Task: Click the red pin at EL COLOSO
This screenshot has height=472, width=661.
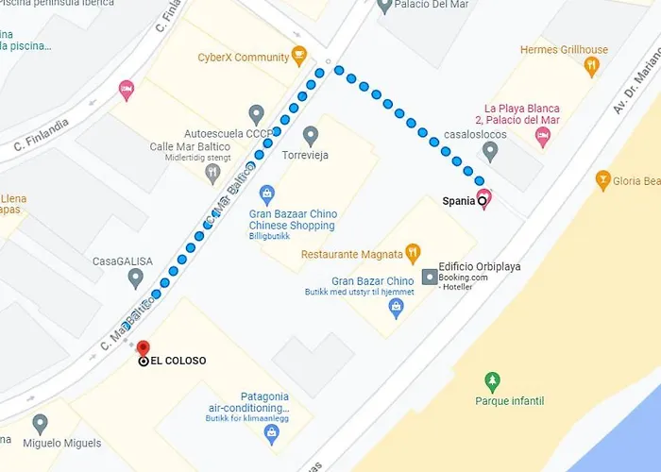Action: [144, 348]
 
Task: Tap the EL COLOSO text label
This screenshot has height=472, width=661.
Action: [178, 361]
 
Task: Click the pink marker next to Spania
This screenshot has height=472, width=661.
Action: [485, 199]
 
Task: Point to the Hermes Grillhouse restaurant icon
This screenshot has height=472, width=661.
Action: [592, 66]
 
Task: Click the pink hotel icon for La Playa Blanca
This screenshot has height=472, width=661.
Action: [542, 138]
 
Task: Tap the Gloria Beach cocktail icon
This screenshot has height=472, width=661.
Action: [603, 179]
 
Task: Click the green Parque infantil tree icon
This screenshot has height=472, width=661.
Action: [491, 381]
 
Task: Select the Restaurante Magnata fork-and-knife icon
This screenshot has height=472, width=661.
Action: [412, 253]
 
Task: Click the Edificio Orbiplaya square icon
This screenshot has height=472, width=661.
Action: [430, 277]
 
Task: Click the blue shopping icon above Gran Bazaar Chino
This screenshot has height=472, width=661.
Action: [267, 195]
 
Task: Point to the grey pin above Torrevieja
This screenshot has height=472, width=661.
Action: [312, 136]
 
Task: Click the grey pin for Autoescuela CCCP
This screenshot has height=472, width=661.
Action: [256, 114]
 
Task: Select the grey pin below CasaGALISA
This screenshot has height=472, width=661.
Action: [136, 278]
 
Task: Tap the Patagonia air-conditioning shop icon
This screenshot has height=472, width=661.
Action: [272, 434]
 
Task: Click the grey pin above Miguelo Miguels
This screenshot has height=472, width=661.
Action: [40, 424]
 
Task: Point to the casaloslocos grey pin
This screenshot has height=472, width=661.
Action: [489, 151]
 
